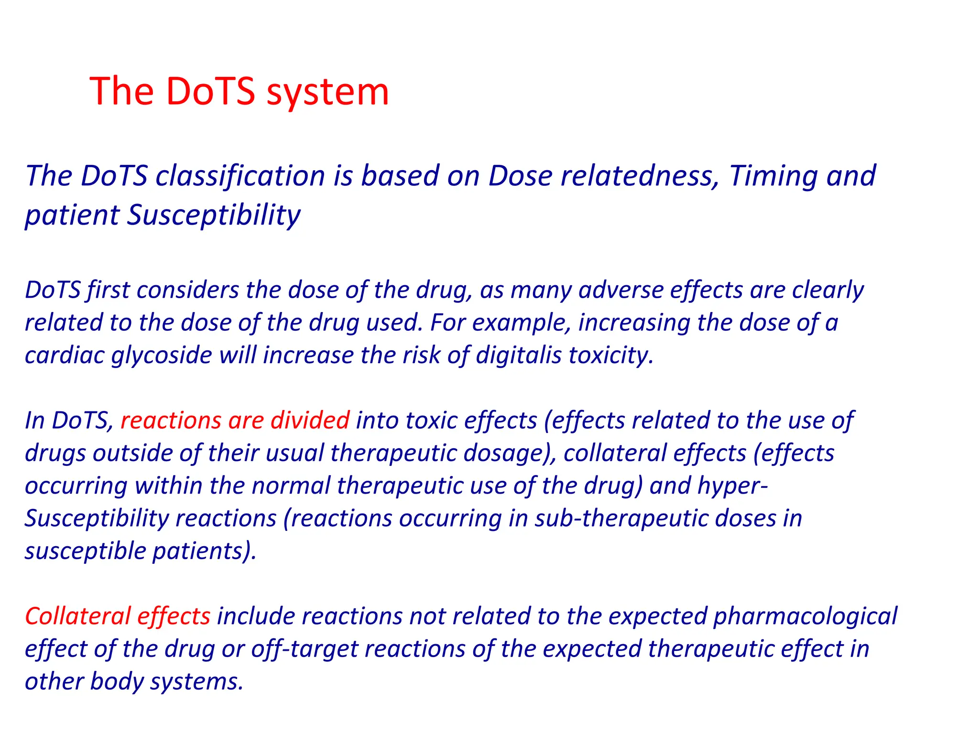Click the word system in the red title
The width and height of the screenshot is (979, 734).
(327, 92)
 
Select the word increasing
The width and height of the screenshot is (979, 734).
(634, 323)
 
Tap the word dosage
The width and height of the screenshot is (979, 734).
(507, 453)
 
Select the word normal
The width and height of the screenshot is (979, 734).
(291, 486)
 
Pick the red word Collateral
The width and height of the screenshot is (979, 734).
(78, 616)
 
